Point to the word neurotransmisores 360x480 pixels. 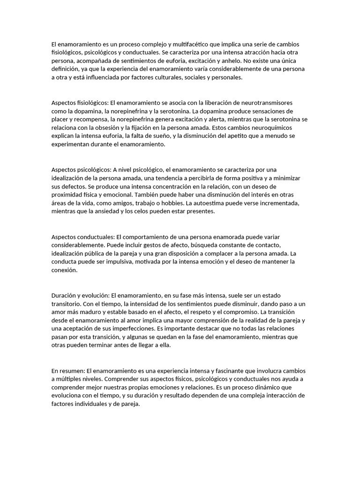[269, 103]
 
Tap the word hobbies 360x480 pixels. [172, 203]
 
